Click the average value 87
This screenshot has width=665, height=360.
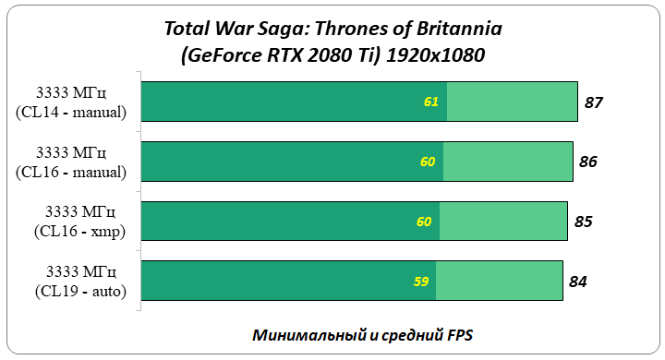(594, 102)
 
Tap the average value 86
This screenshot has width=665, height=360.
(588, 162)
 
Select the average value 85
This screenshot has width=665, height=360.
(583, 222)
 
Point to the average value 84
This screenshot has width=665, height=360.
(577, 282)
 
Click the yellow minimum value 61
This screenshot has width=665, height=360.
(431, 102)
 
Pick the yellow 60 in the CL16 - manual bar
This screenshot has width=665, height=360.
(428, 162)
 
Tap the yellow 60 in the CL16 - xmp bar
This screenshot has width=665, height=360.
(424, 222)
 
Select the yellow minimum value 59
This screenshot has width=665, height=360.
(420, 282)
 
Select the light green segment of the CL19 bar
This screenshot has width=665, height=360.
(499, 282)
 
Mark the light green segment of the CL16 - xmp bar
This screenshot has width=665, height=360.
(503, 222)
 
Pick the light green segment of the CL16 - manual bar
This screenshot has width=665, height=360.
(508, 162)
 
